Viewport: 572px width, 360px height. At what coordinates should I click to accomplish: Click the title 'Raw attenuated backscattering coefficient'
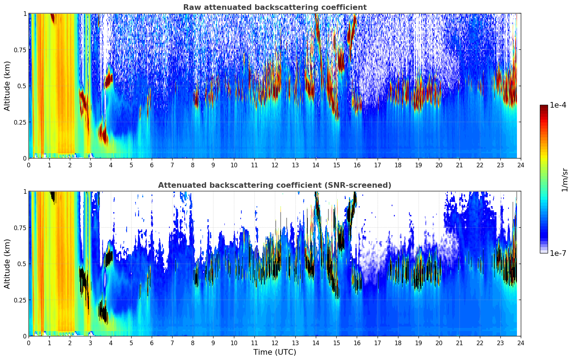point(275,7)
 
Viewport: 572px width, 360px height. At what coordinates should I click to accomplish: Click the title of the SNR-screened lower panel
point(275,185)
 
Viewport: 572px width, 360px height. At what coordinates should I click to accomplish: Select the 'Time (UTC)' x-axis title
point(275,352)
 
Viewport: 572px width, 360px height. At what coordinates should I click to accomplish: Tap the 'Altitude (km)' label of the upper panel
point(7,86)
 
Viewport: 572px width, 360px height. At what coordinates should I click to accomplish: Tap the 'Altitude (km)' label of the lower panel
point(7,264)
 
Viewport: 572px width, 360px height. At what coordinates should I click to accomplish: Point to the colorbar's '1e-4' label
point(558,105)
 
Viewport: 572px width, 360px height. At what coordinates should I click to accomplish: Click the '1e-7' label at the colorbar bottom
point(558,253)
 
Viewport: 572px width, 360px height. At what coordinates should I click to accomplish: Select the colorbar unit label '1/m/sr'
point(565,179)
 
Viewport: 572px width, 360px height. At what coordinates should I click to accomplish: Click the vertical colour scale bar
point(543,179)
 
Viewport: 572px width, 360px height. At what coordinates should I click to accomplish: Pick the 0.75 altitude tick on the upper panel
point(20,50)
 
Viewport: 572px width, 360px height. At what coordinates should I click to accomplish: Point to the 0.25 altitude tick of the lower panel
point(20,300)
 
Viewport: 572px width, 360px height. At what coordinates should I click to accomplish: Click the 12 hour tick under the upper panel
point(275,165)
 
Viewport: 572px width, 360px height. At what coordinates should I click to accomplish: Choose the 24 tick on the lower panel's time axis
point(521,343)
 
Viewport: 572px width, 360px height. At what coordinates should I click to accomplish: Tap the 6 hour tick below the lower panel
point(152,343)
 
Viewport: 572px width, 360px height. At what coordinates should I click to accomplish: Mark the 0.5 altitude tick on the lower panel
point(22,264)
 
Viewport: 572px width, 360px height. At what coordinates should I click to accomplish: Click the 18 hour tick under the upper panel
point(398,165)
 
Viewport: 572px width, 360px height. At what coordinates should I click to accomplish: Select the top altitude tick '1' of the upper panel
point(25,13)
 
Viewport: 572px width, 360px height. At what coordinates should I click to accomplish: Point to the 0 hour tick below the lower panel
point(29,343)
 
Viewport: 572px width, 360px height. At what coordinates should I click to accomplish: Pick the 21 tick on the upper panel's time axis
point(459,165)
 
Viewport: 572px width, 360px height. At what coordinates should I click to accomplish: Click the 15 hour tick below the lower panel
point(336,343)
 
